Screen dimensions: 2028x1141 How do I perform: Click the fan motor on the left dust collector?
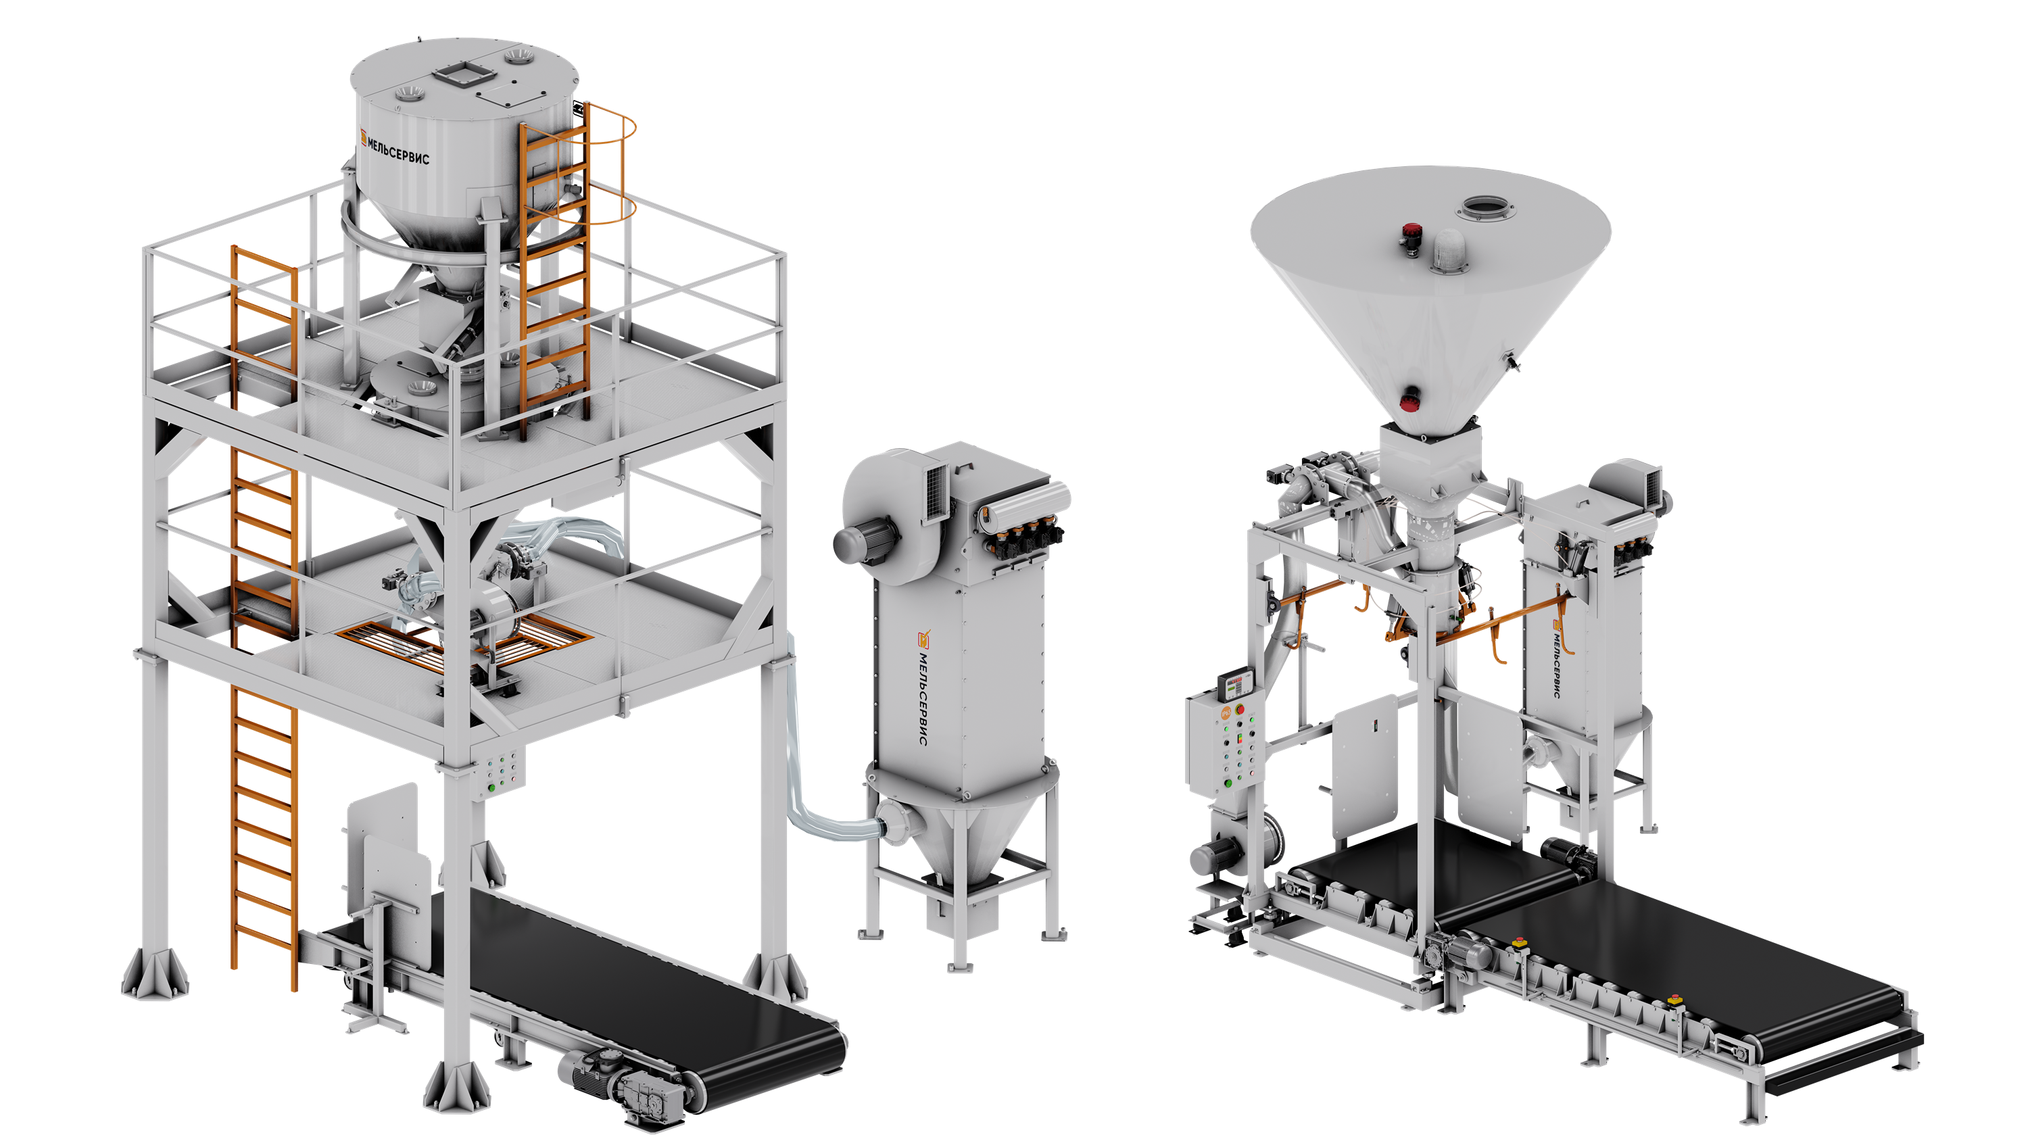point(861,541)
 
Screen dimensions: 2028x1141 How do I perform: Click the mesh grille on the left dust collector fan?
point(937,491)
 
